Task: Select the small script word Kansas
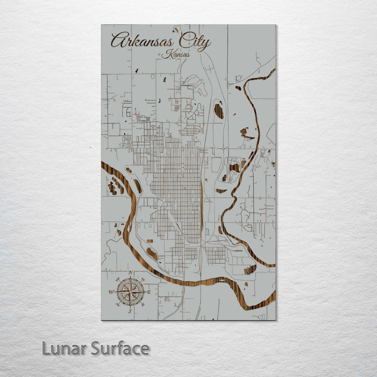(175, 54)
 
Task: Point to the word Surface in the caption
(120, 348)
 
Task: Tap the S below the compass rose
(130, 311)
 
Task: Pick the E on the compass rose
(149, 292)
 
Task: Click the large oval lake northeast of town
(219, 111)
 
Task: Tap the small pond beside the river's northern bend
(238, 88)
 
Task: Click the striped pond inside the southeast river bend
(250, 270)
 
